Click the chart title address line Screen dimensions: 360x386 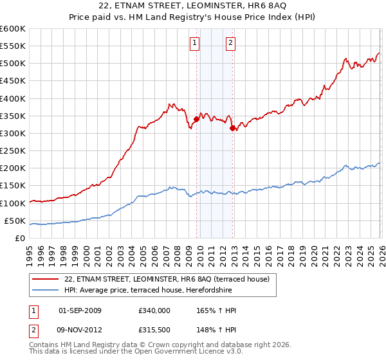coord(193,6)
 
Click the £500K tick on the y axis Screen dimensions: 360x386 coord(13,64)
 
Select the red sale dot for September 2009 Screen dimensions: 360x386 coord(196,119)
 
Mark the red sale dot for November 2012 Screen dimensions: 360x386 coord(232,128)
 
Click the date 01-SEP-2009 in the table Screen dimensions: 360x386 coord(80,310)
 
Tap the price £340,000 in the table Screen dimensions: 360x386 coord(154,310)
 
